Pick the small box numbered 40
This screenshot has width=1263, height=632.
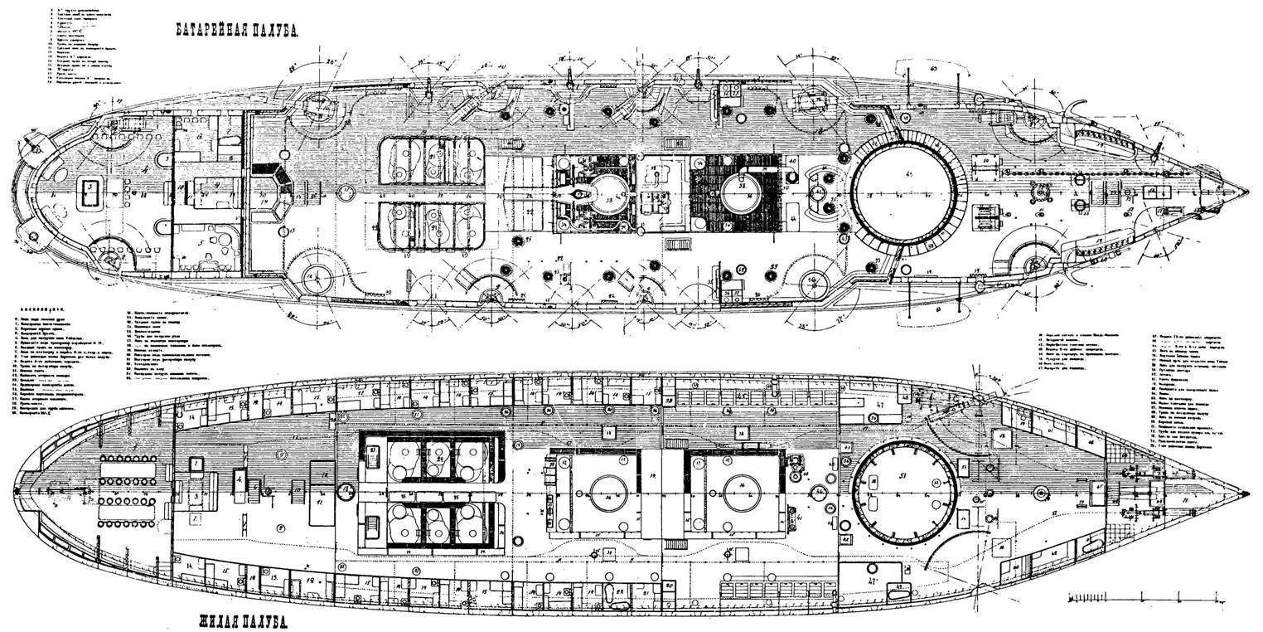pyautogui.click(x=792, y=160)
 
